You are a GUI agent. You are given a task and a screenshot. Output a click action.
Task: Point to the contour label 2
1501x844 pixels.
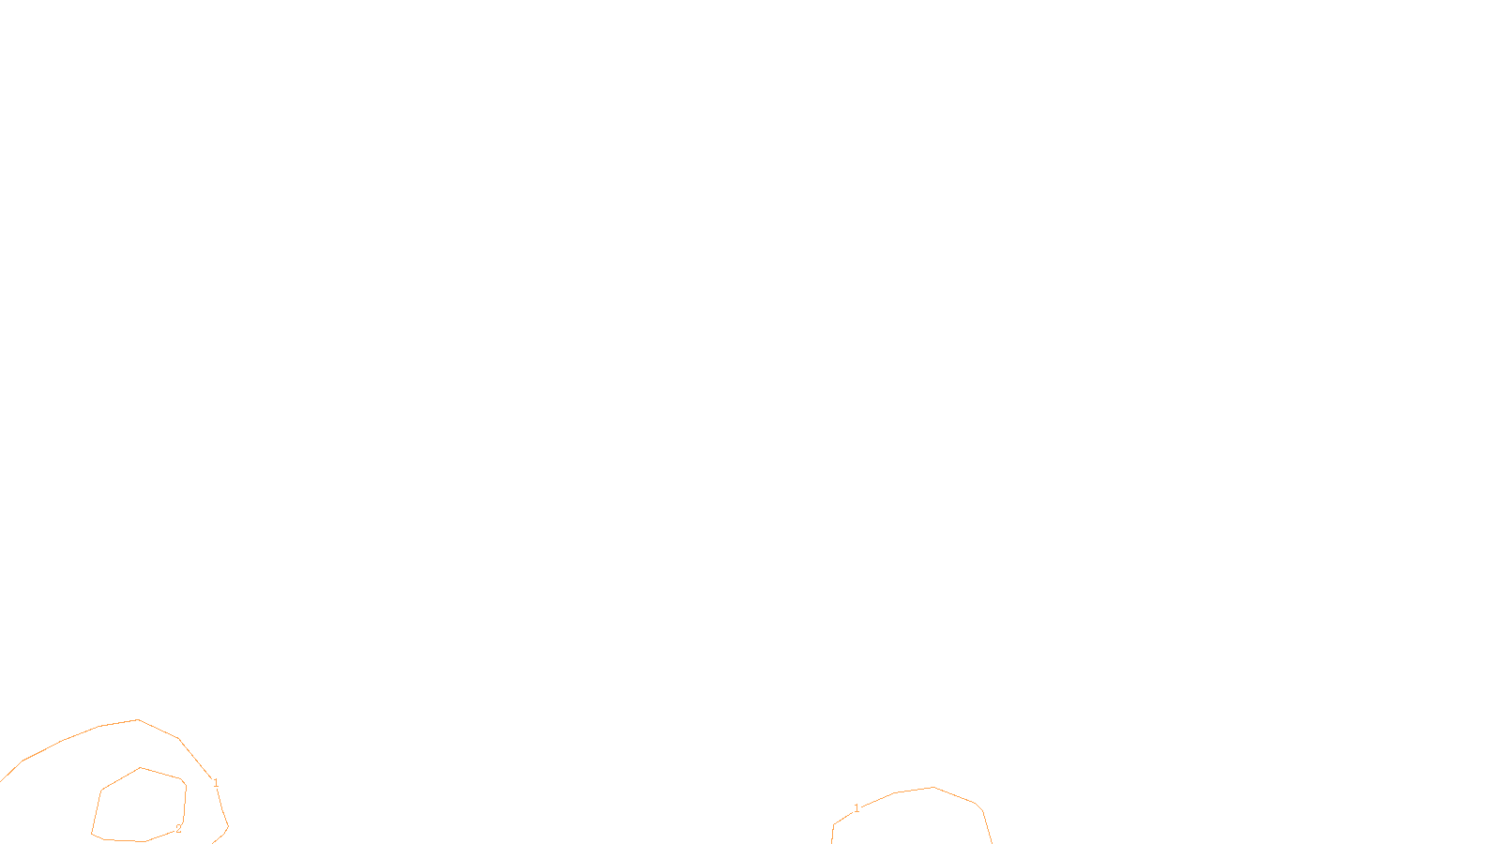pyautogui.click(x=178, y=829)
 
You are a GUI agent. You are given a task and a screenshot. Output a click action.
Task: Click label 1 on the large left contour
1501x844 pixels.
pyautogui.click(x=216, y=783)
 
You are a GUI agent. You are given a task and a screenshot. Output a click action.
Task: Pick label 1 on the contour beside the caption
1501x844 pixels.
pyautogui.click(x=857, y=808)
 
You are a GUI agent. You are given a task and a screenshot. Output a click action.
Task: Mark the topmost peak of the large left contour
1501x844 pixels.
pyautogui.click(x=138, y=720)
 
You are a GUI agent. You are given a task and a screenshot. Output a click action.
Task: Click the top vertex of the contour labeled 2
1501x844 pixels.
pyautogui.click(x=141, y=768)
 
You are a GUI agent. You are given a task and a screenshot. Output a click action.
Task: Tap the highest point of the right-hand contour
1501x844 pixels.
pyautogui.click(x=933, y=788)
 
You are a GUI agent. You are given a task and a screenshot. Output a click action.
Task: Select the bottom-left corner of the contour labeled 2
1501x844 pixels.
pyautogui.click(x=92, y=834)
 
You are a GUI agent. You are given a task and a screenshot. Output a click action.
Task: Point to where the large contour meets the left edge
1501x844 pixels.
pyautogui.click(x=1, y=780)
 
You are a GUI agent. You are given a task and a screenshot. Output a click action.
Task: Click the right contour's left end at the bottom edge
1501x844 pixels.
pyautogui.click(x=832, y=841)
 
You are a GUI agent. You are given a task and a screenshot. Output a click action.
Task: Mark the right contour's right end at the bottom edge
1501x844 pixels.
pyautogui.click(x=992, y=841)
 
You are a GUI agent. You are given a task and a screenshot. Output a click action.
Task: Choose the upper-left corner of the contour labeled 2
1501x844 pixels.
pyautogui.click(x=101, y=791)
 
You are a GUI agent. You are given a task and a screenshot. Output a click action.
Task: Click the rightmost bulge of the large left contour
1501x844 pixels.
pyautogui.click(x=228, y=827)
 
